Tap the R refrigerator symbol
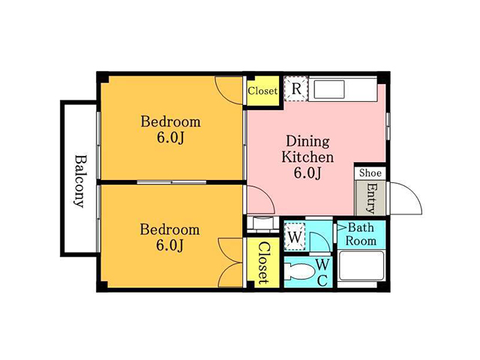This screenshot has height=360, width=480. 296,88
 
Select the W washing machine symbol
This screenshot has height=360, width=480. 295,237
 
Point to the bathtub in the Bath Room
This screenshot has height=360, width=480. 361,265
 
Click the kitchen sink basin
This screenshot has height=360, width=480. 329,89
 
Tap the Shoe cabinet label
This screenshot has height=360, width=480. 370,173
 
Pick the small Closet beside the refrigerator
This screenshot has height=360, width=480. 262,91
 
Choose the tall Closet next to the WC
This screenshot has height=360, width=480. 263,262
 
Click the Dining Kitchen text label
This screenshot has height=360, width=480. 307,149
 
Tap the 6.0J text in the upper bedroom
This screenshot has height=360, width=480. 170,138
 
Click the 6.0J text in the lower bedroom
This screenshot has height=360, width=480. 170,245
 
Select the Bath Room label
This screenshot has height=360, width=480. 361,234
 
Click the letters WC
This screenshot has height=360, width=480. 322,272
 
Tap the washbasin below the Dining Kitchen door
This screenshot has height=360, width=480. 261,223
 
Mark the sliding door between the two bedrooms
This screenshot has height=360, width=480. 172,182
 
